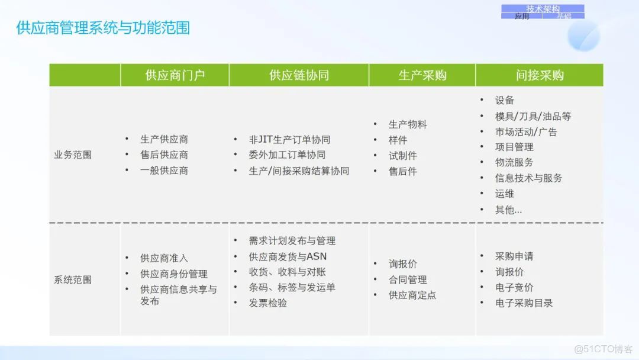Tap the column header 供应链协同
pos(299,75)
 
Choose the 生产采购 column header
pos(422,75)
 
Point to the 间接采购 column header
pos(540,75)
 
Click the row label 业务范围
pos(73,155)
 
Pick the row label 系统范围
pos(73,279)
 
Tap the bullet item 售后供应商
pos(164,155)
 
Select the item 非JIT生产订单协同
pos(289,140)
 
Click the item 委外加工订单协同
pos(287,155)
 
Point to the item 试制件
pos(402,156)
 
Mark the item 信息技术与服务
pos(528,178)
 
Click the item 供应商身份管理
pos(173,274)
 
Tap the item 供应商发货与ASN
pos(288,256)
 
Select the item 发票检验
pos(268,303)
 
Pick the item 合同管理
pos(408,279)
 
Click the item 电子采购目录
pos(524,303)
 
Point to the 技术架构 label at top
pos(543,9)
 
